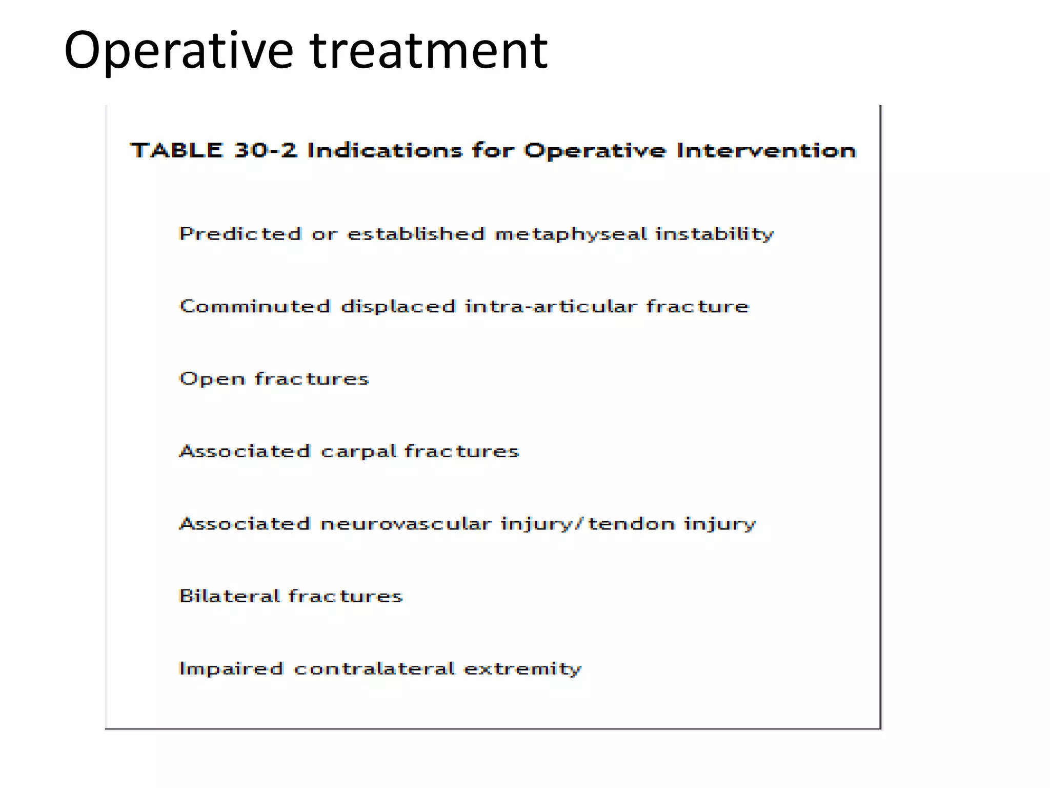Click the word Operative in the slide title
pyautogui.click(x=178, y=51)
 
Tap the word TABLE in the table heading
pyautogui.click(x=176, y=150)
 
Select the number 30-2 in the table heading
pyautogui.click(x=265, y=150)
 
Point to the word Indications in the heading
pyautogui.click(x=385, y=150)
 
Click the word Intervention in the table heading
pyautogui.click(x=766, y=150)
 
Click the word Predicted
pyautogui.click(x=240, y=234)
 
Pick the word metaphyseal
pyautogui.click(x=571, y=234)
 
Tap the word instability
pyautogui.click(x=714, y=234)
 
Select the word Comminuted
pyautogui.click(x=255, y=306)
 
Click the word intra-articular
pyautogui.click(x=550, y=306)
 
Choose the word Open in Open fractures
pyautogui.click(x=212, y=379)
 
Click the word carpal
pyautogui.click(x=359, y=451)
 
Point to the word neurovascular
pyautogui.click(x=406, y=524)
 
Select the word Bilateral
pyautogui.click(x=229, y=596)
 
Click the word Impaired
pyautogui.click(x=231, y=668)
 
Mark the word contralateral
pyautogui.click(x=374, y=668)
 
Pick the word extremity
pyautogui.click(x=522, y=668)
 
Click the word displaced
pyautogui.click(x=398, y=306)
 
